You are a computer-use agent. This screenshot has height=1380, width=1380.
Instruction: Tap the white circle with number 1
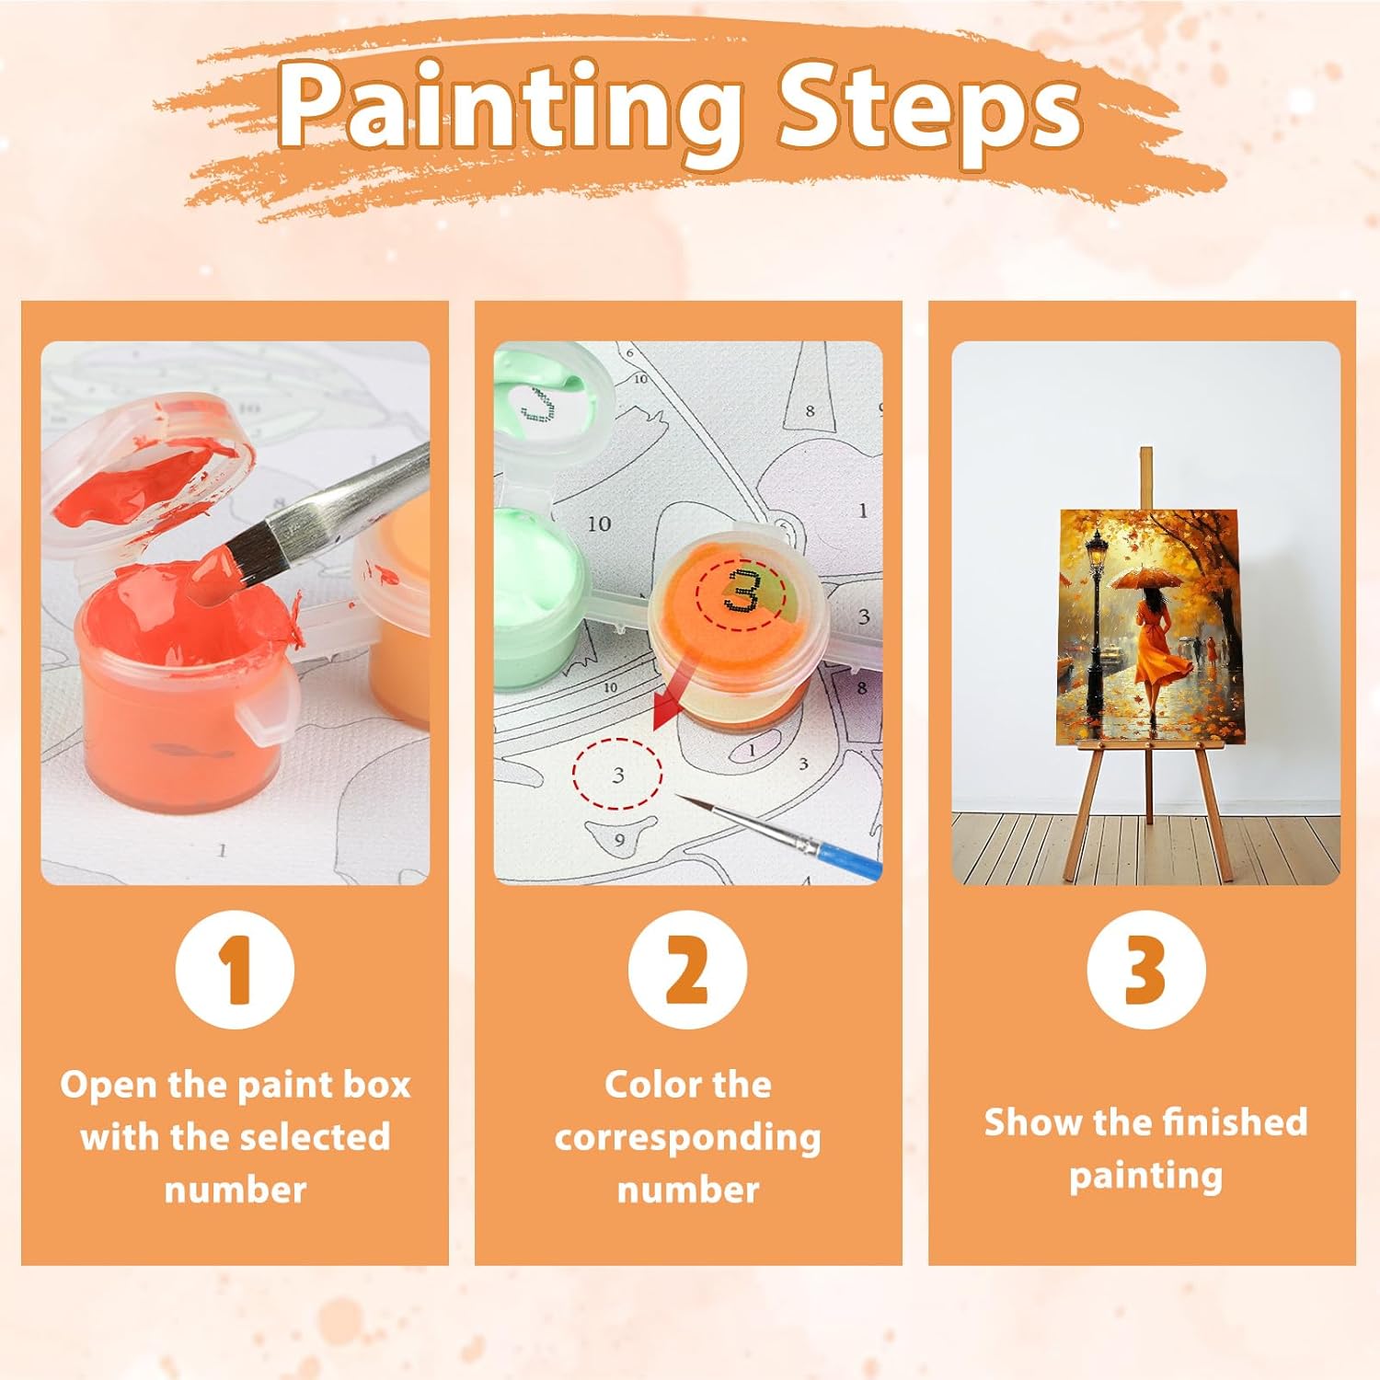click(235, 970)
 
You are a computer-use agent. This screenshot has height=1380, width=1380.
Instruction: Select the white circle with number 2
click(687, 970)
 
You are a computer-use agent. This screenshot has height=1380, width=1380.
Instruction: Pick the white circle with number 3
click(1145, 970)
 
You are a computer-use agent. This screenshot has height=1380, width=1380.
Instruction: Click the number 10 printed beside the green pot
click(599, 523)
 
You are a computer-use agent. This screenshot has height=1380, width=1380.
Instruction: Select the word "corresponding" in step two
click(687, 1139)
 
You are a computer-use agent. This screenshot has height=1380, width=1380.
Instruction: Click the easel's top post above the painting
click(1145, 477)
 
